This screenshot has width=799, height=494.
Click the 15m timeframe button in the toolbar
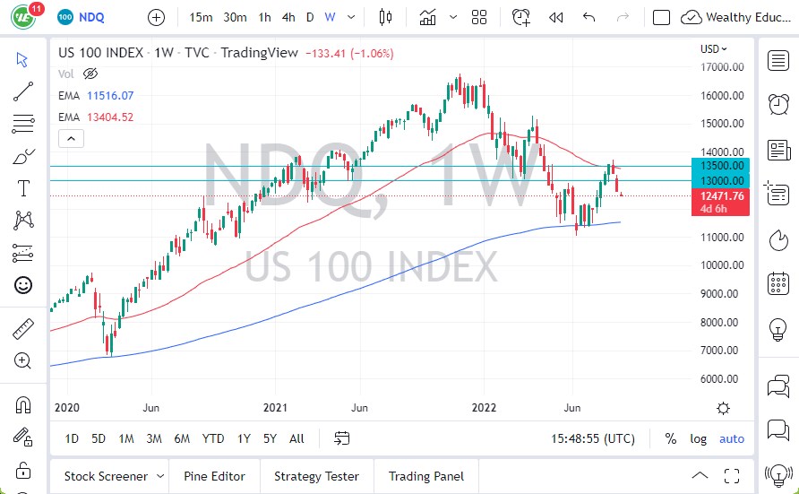(x=202, y=17)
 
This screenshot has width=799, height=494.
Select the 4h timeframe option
(x=288, y=17)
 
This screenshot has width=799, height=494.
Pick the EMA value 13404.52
(x=116, y=117)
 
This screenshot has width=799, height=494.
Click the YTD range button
(x=213, y=438)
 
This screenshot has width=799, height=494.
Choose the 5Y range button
(x=271, y=438)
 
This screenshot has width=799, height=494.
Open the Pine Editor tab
(x=215, y=476)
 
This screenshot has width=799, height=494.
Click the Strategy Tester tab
(x=316, y=476)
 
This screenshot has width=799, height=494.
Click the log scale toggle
(x=699, y=438)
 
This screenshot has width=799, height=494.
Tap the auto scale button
(x=732, y=438)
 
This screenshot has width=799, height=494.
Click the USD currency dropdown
(x=713, y=49)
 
